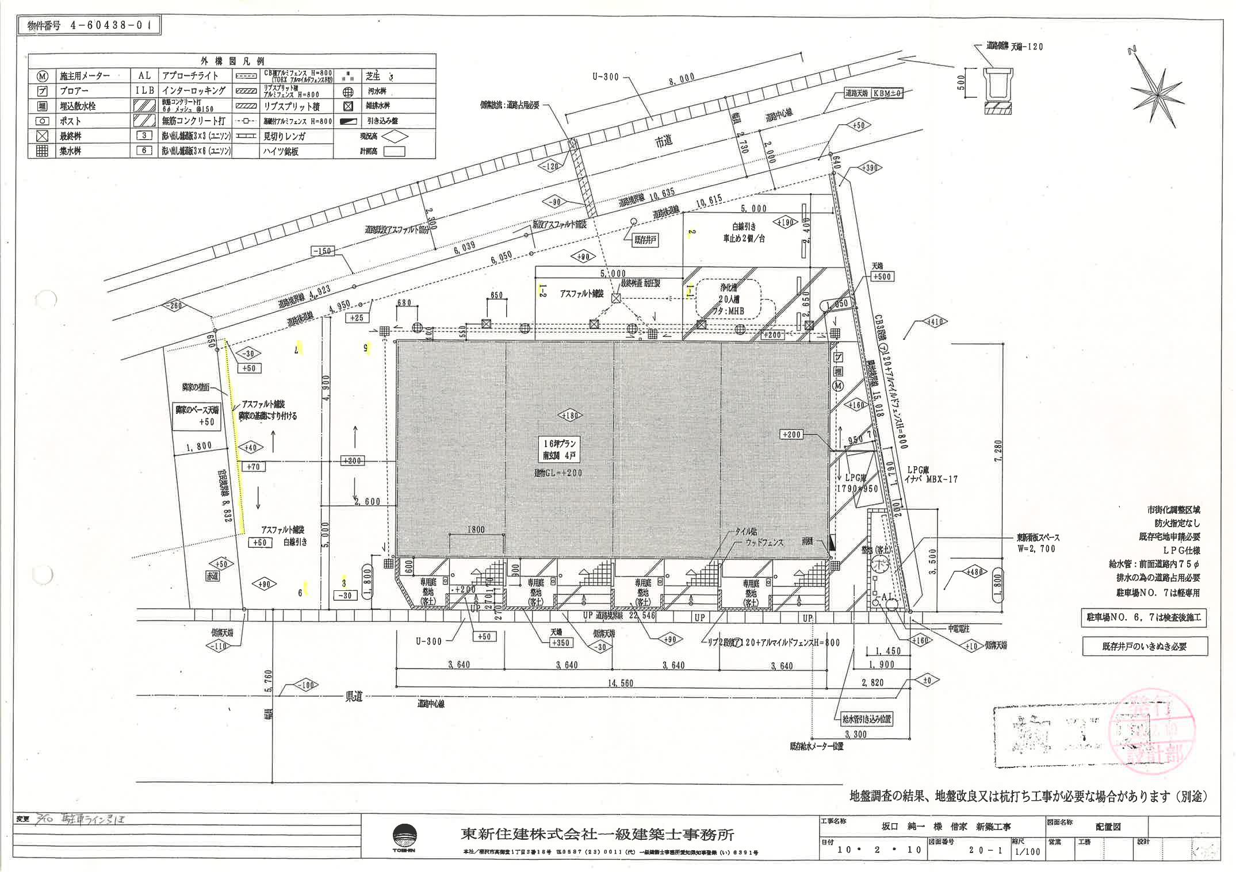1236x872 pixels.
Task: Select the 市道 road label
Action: [664, 141]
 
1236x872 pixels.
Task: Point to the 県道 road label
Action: [354, 697]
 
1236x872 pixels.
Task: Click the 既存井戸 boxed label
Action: [646, 241]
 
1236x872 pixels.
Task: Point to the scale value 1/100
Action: [1028, 851]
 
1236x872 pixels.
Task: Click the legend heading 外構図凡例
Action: [232, 60]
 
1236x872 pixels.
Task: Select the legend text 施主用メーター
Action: [85, 76]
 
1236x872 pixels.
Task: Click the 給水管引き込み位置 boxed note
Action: [863, 719]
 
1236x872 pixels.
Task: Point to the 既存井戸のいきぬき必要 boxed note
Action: [1144, 646]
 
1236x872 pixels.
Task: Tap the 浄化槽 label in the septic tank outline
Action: [729, 289]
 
